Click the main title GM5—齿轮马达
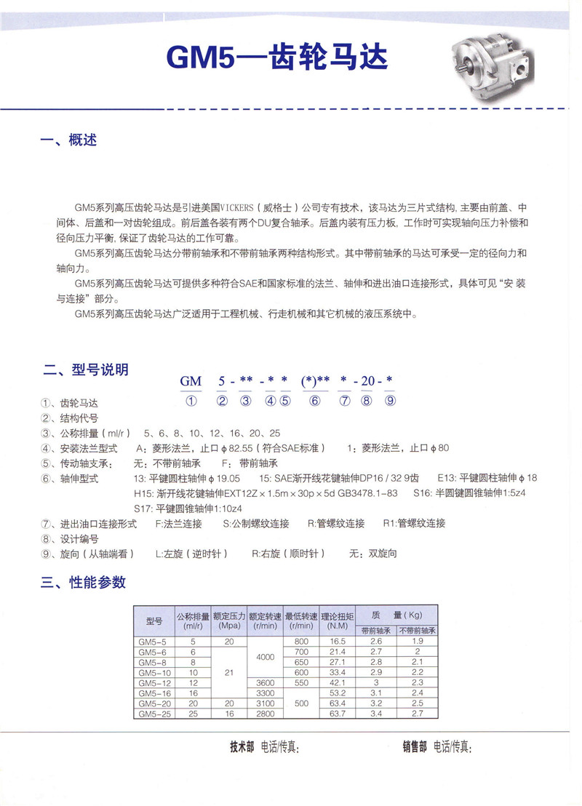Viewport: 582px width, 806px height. tap(277, 57)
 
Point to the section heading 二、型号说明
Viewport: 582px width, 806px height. tap(85, 370)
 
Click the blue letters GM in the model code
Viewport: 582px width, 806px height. tap(191, 382)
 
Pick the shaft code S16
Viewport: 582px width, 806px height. tap(422, 494)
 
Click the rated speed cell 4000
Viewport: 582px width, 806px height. tap(266, 657)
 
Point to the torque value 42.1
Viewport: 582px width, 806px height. tap(337, 683)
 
